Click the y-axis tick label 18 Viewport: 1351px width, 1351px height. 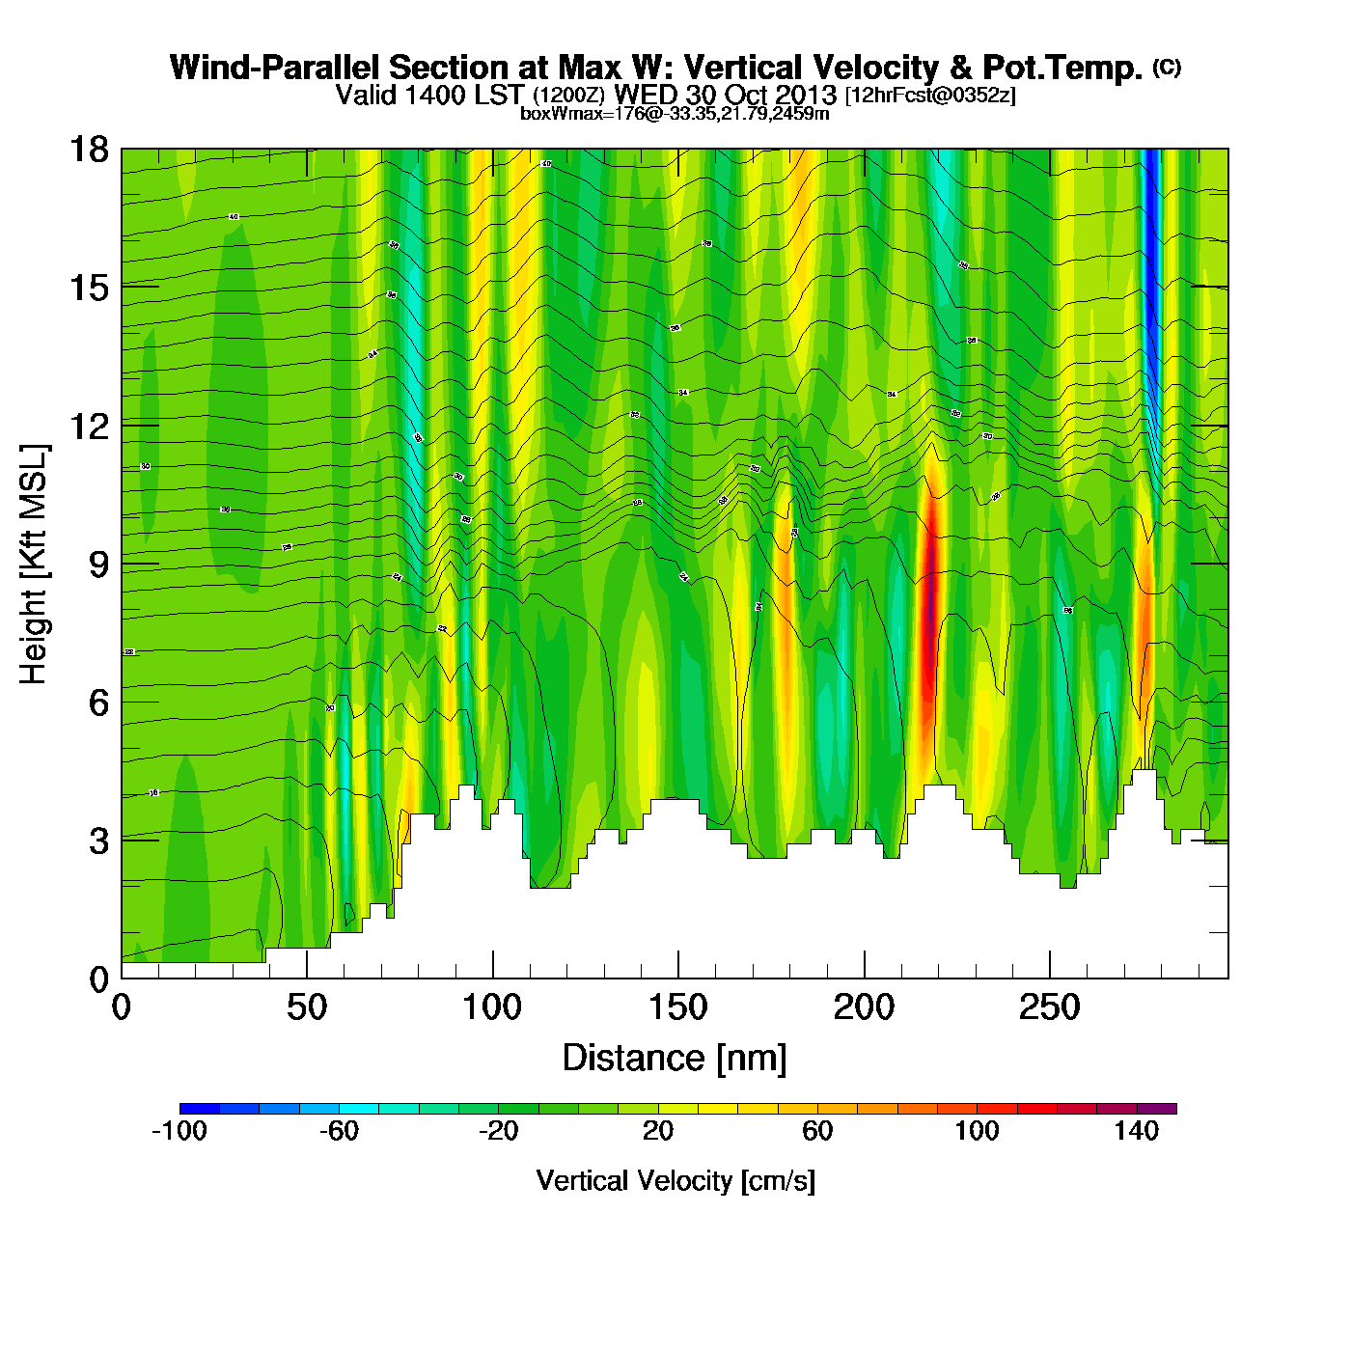88,150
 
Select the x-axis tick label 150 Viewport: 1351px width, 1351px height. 678,1008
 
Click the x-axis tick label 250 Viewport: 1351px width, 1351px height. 1050,1008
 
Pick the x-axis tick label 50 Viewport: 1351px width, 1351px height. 307,1008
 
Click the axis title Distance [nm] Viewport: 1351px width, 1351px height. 675,1059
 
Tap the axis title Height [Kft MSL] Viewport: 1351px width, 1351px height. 34,565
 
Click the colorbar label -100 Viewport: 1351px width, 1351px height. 179,1131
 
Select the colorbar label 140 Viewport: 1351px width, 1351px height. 1136,1131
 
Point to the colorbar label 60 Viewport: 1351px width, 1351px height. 817,1131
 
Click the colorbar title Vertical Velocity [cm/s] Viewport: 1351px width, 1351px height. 675,1181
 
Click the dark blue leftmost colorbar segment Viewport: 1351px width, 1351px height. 200,1109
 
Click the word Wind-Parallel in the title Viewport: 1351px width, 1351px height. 276,68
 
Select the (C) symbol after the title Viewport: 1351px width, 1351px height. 1167,67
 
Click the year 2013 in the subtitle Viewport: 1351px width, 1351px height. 805,96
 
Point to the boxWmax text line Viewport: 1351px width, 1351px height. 675,114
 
